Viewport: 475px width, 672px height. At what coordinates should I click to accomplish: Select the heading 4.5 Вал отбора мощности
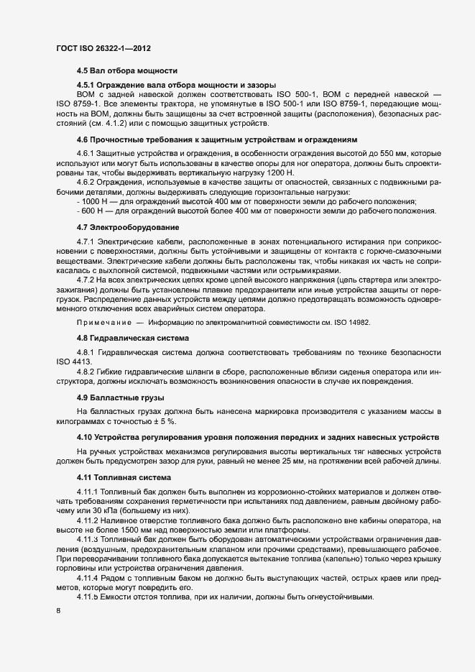(127, 71)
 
